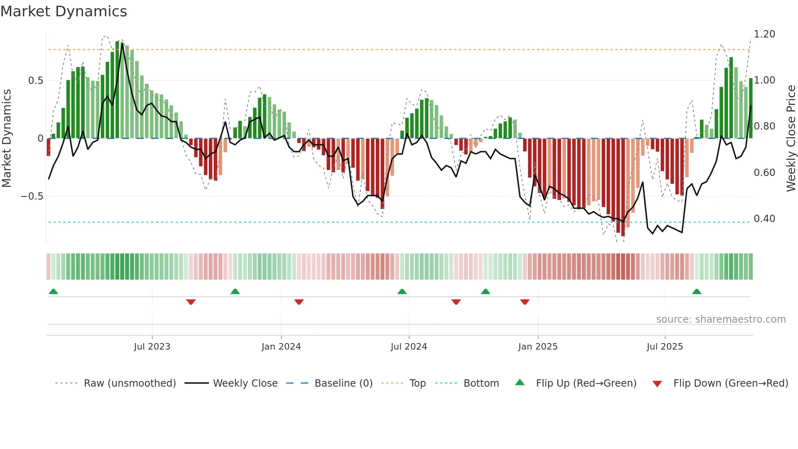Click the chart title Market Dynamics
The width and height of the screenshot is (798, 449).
click(64, 11)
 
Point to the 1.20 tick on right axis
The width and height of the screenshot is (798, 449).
click(764, 34)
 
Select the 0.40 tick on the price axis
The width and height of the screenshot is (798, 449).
click(764, 219)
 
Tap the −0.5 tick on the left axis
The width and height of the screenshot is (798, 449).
click(32, 196)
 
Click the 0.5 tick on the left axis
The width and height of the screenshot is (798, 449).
click(36, 81)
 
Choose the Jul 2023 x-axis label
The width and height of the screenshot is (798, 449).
click(152, 347)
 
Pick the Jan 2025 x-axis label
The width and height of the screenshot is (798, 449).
click(537, 347)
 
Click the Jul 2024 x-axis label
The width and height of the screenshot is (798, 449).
click(409, 347)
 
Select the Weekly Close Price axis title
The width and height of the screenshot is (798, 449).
click(791, 139)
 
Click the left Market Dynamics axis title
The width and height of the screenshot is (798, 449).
click(7, 139)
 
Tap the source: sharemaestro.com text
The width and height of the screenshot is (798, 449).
click(721, 319)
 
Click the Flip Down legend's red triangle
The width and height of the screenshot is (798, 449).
click(657, 384)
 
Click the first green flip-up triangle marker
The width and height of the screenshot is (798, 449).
click(53, 291)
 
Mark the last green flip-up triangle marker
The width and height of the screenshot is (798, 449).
click(697, 291)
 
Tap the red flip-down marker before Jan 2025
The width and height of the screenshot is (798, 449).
click(525, 302)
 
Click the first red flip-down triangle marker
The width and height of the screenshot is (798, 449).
click(191, 302)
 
